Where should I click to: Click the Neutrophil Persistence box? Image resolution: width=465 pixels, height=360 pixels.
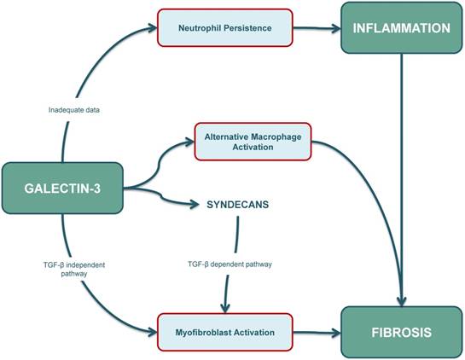[224, 28]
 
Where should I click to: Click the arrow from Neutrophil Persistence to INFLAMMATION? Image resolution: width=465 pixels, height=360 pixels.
[316, 28]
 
